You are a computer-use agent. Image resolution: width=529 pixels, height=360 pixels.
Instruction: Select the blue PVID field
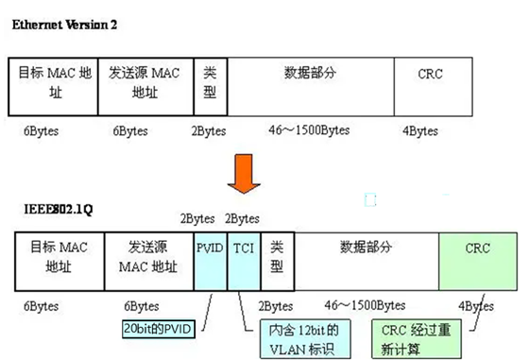[210, 261]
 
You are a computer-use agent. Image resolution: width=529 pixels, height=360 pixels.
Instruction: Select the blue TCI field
[242, 261]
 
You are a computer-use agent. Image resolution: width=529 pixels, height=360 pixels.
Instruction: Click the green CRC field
[478, 261]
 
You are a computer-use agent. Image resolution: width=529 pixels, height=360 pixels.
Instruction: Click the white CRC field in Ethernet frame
[431, 87]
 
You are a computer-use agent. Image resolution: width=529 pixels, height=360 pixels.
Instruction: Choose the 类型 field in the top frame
[210, 87]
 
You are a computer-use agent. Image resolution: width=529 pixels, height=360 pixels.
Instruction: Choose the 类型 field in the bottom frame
[275, 261]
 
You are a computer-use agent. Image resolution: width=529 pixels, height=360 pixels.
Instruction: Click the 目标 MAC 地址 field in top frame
[53, 87]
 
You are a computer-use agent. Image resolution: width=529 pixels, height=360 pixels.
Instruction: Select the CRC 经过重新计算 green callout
[419, 337]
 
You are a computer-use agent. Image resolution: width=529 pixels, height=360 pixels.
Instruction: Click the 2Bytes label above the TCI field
[242, 218]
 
